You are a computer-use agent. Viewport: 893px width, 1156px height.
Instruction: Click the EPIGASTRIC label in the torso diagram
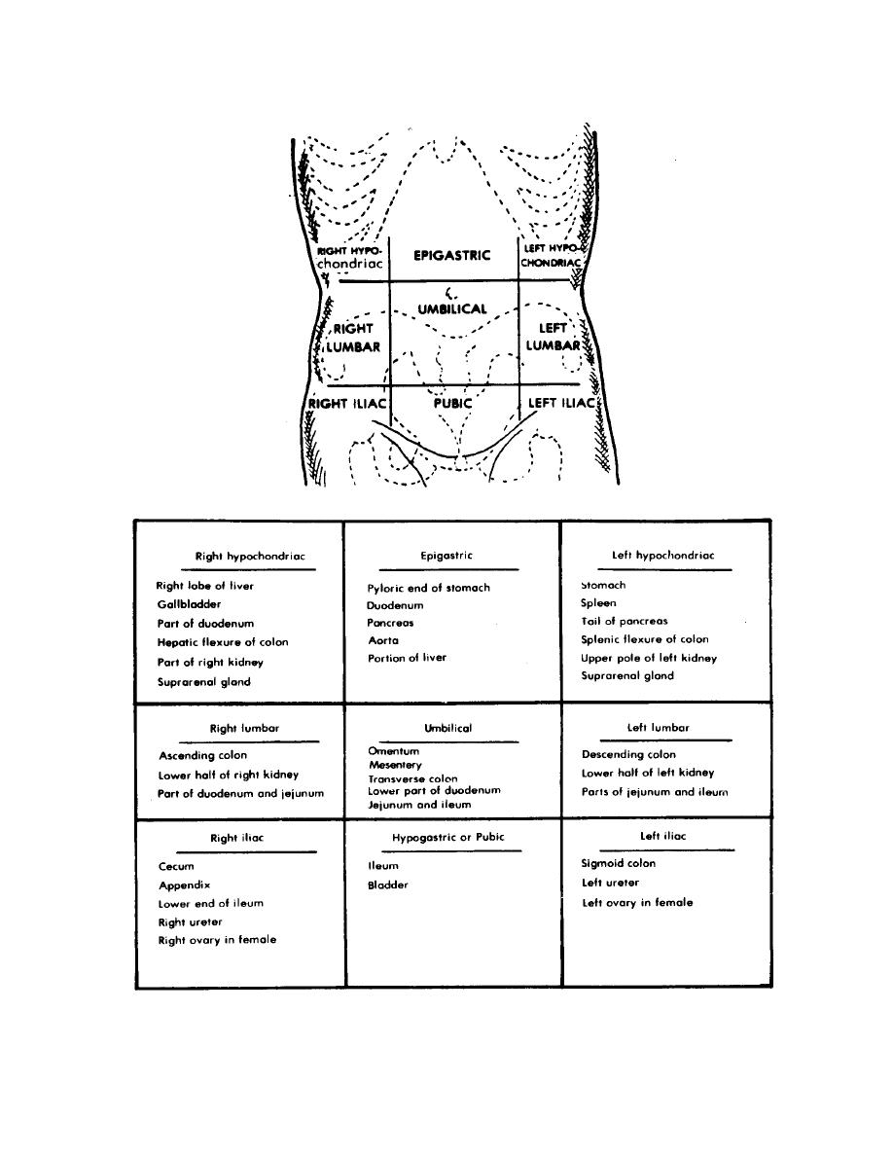click(451, 256)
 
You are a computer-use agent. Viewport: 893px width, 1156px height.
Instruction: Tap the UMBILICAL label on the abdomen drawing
click(452, 308)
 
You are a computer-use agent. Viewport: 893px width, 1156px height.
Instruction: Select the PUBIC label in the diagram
click(452, 403)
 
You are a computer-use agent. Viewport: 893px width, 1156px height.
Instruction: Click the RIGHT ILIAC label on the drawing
click(347, 403)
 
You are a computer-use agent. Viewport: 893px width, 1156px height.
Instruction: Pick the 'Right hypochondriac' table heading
click(250, 557)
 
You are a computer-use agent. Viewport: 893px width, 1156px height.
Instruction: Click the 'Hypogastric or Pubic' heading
click(448, 837)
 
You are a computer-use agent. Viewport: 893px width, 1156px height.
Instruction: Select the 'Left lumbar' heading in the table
click(658, 727)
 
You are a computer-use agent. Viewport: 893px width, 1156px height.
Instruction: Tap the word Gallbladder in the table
click(190, 604)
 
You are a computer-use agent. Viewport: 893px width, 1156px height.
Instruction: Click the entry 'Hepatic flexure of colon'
click(223, 642)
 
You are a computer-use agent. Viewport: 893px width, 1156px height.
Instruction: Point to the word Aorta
click(383, 640)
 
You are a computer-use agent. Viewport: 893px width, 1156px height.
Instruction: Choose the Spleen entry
click(599, 603)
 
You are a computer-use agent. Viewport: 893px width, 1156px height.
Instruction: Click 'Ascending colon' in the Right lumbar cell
click(203, 755)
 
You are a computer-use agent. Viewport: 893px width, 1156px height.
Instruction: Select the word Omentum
click(394, 751)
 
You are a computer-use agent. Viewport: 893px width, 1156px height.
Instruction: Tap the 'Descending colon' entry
click(628, 754)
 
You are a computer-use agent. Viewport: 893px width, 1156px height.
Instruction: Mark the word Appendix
click(185, 885)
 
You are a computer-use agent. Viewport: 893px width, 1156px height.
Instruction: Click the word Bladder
click(388, 885)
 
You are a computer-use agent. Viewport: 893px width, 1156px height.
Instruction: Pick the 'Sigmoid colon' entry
click(619, 863)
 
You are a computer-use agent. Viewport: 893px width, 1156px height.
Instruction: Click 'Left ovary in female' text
click(637, 902)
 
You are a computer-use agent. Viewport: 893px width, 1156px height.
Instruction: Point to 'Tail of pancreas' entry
click(625, 621)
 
